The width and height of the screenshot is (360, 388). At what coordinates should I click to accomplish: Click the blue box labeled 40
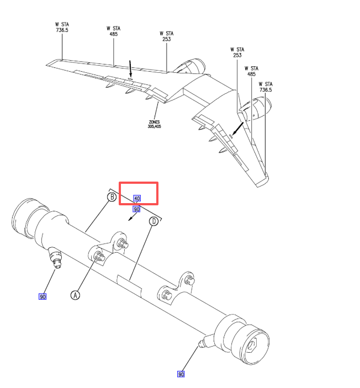137,198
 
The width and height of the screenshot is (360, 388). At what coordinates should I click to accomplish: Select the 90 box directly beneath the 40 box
137,209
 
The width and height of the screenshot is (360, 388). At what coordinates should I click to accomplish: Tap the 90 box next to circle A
43,296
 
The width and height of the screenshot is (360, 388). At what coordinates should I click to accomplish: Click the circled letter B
112,197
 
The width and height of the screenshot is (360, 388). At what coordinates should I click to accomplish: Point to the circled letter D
153,221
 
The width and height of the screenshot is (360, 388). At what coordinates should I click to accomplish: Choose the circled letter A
75,295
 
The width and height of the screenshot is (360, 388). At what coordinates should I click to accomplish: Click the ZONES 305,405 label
154,124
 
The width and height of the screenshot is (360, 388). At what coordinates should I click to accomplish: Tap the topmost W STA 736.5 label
62,27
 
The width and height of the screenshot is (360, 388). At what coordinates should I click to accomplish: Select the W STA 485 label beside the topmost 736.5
114,31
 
